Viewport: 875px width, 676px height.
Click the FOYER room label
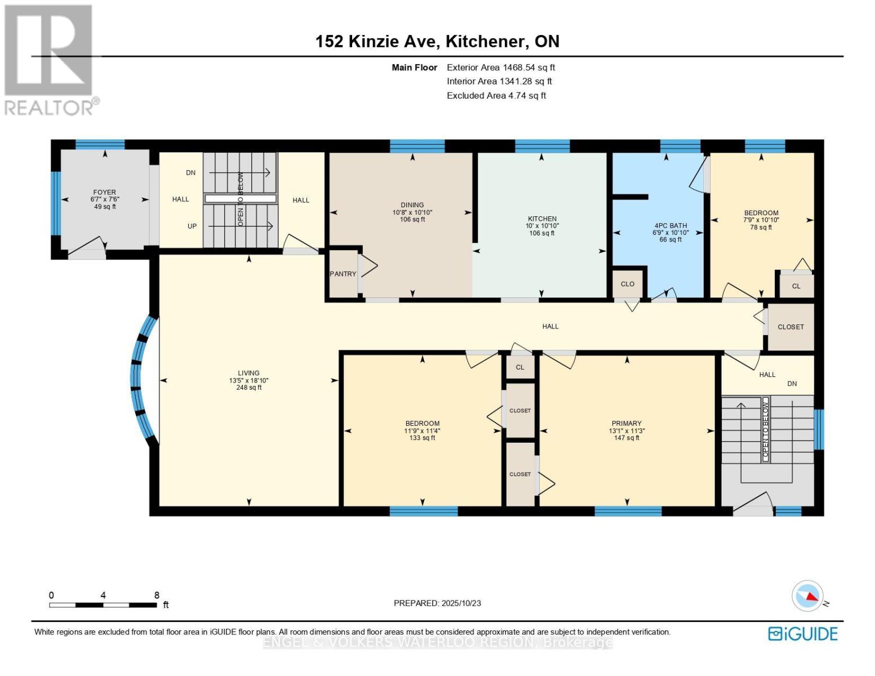coord(104,193)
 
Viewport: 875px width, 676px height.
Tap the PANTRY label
coord(343,274)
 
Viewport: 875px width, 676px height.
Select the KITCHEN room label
coord(542,219)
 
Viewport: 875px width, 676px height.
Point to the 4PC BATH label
coord(670,226)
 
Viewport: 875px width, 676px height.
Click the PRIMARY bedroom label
coord(627,423)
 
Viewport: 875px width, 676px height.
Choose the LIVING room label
coord(248,373)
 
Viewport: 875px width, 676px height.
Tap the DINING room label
coord(412,205)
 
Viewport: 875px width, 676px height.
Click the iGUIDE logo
coord(803,633)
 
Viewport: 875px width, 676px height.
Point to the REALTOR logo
coord(50,60)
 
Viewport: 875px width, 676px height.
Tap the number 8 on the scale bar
coord(157,595)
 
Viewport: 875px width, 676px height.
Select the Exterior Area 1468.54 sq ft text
coord(501,68)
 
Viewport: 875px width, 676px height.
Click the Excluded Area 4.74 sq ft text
coord(496,96)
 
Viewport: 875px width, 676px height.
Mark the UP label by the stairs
coord(192,226)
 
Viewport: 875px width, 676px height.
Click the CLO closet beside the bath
coord(627,284)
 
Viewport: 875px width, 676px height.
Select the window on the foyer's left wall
coord(56,203)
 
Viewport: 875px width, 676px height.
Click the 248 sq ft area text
coord(249,388)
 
